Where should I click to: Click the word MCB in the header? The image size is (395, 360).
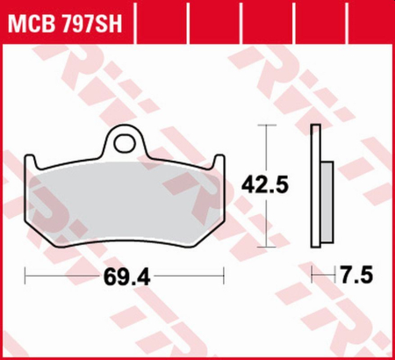tap(28, 20)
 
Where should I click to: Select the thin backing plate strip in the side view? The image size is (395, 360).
tap(317, 189)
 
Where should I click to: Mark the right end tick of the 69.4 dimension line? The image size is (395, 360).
tap(225, 277)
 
